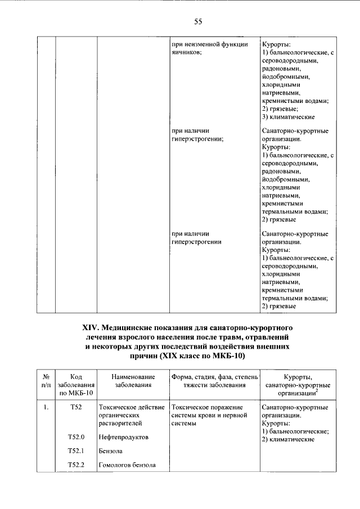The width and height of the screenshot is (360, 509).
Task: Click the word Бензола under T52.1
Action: click(x=110, y=451)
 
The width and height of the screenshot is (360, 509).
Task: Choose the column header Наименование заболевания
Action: click(x=133, y=380)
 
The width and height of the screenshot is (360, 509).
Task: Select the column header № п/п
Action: click(x=47, y=380)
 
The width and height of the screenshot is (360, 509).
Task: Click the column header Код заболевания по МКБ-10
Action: click(x=76, y=385)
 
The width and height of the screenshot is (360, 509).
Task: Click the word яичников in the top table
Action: click(x=185, y=52)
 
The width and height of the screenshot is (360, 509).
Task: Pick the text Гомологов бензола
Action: click(x=127, y=465)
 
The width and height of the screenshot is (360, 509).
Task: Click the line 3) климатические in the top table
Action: click(x=288, y=117)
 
